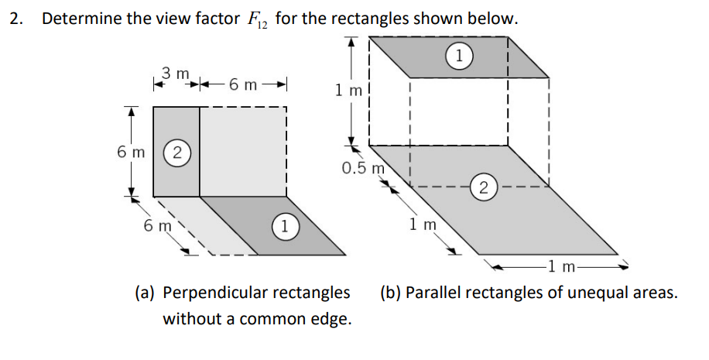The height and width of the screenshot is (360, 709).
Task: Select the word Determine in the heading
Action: [80, 19]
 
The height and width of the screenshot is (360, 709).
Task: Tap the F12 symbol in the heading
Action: [255, 20]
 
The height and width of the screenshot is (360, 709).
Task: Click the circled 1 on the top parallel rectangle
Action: [459, 55]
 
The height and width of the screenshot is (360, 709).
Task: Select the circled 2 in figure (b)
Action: [483, 187]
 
